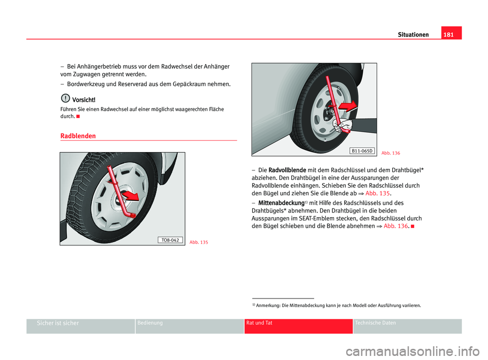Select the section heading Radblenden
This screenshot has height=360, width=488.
77,136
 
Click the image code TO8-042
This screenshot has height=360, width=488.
170,240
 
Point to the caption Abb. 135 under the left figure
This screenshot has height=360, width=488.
199,242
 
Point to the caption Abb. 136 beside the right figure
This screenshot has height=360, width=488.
391,152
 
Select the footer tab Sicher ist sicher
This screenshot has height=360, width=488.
58,323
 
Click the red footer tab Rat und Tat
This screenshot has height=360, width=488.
259,323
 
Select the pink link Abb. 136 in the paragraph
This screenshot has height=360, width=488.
394,226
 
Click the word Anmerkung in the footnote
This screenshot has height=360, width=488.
267,306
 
